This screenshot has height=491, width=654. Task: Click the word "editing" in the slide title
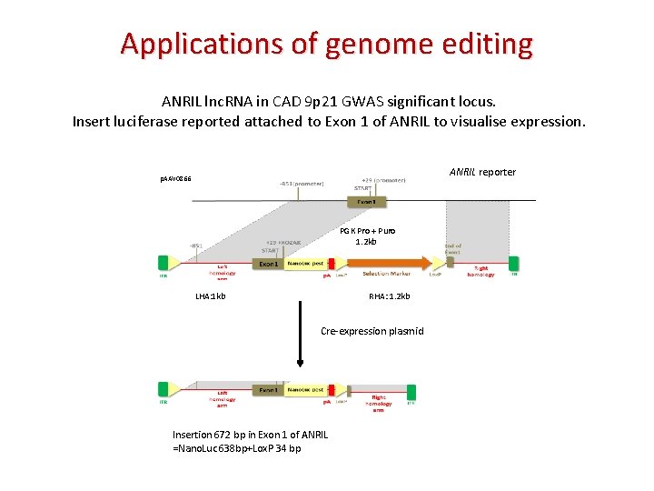point(486,43)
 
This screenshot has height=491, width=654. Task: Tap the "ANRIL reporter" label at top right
point(482,172)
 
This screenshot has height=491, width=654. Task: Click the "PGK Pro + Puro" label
point(368,231)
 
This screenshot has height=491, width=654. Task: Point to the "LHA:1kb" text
point(211,296)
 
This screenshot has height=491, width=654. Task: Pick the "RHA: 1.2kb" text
point(389,296)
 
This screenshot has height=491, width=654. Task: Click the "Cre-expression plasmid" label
point(372,331)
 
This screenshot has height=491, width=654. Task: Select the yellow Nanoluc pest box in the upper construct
point(304,265)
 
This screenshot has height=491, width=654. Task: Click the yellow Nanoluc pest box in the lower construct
point(304,390)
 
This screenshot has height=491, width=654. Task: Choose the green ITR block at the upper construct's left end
point(164,263)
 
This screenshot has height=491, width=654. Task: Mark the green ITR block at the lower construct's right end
point(411,392)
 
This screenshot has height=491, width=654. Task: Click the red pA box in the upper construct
point(328,265)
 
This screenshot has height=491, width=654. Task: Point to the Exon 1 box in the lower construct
point(269,390)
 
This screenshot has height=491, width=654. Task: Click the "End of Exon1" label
point(453,248)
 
